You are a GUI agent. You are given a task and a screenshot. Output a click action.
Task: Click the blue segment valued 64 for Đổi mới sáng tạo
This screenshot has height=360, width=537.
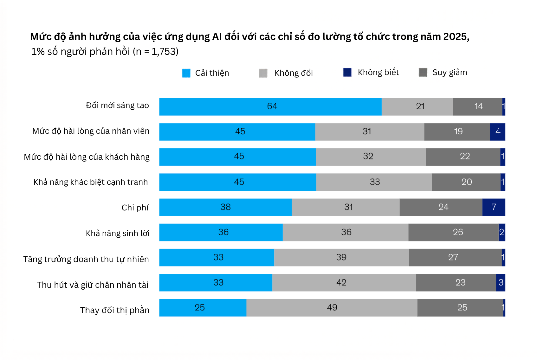[270, 107]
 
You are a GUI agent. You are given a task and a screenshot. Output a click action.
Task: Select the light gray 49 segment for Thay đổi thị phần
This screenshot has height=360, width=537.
[332, 308]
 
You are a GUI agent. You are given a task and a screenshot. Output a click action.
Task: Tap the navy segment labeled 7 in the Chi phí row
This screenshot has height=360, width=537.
[494, 207]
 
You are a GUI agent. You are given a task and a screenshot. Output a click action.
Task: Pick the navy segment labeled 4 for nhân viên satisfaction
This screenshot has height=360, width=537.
[497, 132]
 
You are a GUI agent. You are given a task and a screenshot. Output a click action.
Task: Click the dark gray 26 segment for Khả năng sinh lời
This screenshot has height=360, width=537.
[453, 232]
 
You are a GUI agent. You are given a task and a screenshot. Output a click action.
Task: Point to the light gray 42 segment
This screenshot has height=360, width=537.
[344, 283]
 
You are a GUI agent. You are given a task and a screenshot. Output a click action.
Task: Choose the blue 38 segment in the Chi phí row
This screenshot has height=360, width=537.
[226, 207]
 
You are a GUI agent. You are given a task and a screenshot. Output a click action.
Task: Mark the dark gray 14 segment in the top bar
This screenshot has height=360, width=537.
[477, 107]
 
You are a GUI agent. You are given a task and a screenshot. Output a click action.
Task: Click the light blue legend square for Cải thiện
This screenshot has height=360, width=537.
[186, 73]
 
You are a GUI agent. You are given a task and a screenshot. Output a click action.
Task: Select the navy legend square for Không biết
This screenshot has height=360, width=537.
[347, 72]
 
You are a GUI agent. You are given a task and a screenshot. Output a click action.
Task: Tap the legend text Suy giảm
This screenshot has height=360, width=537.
[450, 72]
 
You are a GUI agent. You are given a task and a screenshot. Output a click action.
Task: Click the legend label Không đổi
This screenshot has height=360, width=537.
[294, 73]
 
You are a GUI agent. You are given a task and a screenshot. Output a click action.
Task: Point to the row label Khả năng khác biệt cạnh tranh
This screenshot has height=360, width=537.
[91, 182]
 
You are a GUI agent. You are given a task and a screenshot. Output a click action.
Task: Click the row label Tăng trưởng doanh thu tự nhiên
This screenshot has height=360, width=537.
[86, 259]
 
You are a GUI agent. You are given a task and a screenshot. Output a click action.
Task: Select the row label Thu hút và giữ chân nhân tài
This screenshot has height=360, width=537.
[93, 285]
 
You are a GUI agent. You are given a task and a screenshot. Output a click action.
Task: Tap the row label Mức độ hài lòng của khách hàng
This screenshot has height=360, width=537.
[87, 157]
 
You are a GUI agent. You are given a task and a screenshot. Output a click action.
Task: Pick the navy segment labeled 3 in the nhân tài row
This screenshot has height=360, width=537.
[501, 283]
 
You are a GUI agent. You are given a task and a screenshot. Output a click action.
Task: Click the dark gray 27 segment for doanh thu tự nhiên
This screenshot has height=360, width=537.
[455, 257]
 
